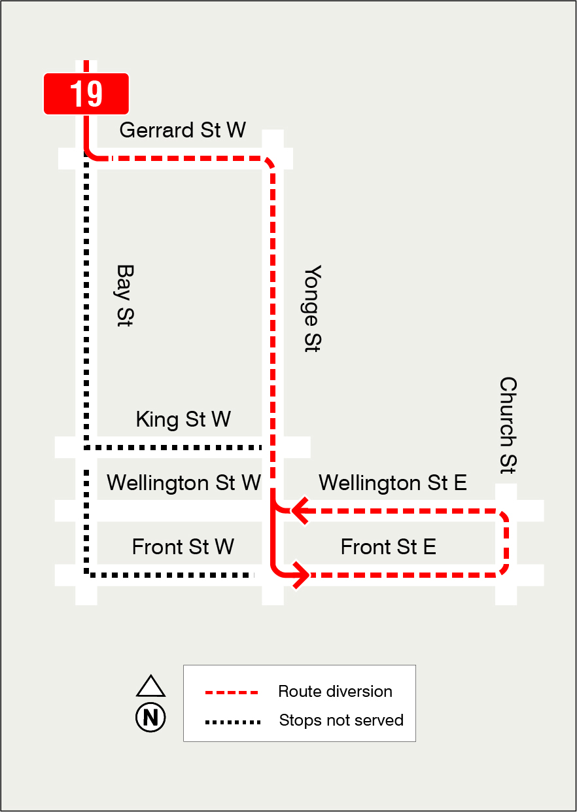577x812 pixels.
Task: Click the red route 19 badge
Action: [86, 94]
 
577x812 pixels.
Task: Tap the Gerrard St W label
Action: [183, 130]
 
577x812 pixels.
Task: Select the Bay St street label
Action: [124, 296]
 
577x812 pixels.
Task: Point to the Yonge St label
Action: [313, 308]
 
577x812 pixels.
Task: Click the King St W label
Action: [183, 419]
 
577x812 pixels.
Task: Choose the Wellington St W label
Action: [184, 483]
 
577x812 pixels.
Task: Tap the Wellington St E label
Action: [393, 483]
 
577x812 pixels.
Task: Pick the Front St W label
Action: [183, 546]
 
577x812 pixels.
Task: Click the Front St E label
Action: [388, 546]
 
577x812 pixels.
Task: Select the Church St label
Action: [508, 425]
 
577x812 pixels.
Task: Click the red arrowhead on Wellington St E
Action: [300, 510]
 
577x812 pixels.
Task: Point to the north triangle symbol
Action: [150, 686]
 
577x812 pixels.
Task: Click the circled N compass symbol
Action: [150, 717]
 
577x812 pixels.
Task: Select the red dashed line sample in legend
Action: [232, 692]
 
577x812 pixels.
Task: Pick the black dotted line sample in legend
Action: [232, 722]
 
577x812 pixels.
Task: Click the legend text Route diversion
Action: [335, 692]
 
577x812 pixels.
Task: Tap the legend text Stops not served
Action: [341, 720]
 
